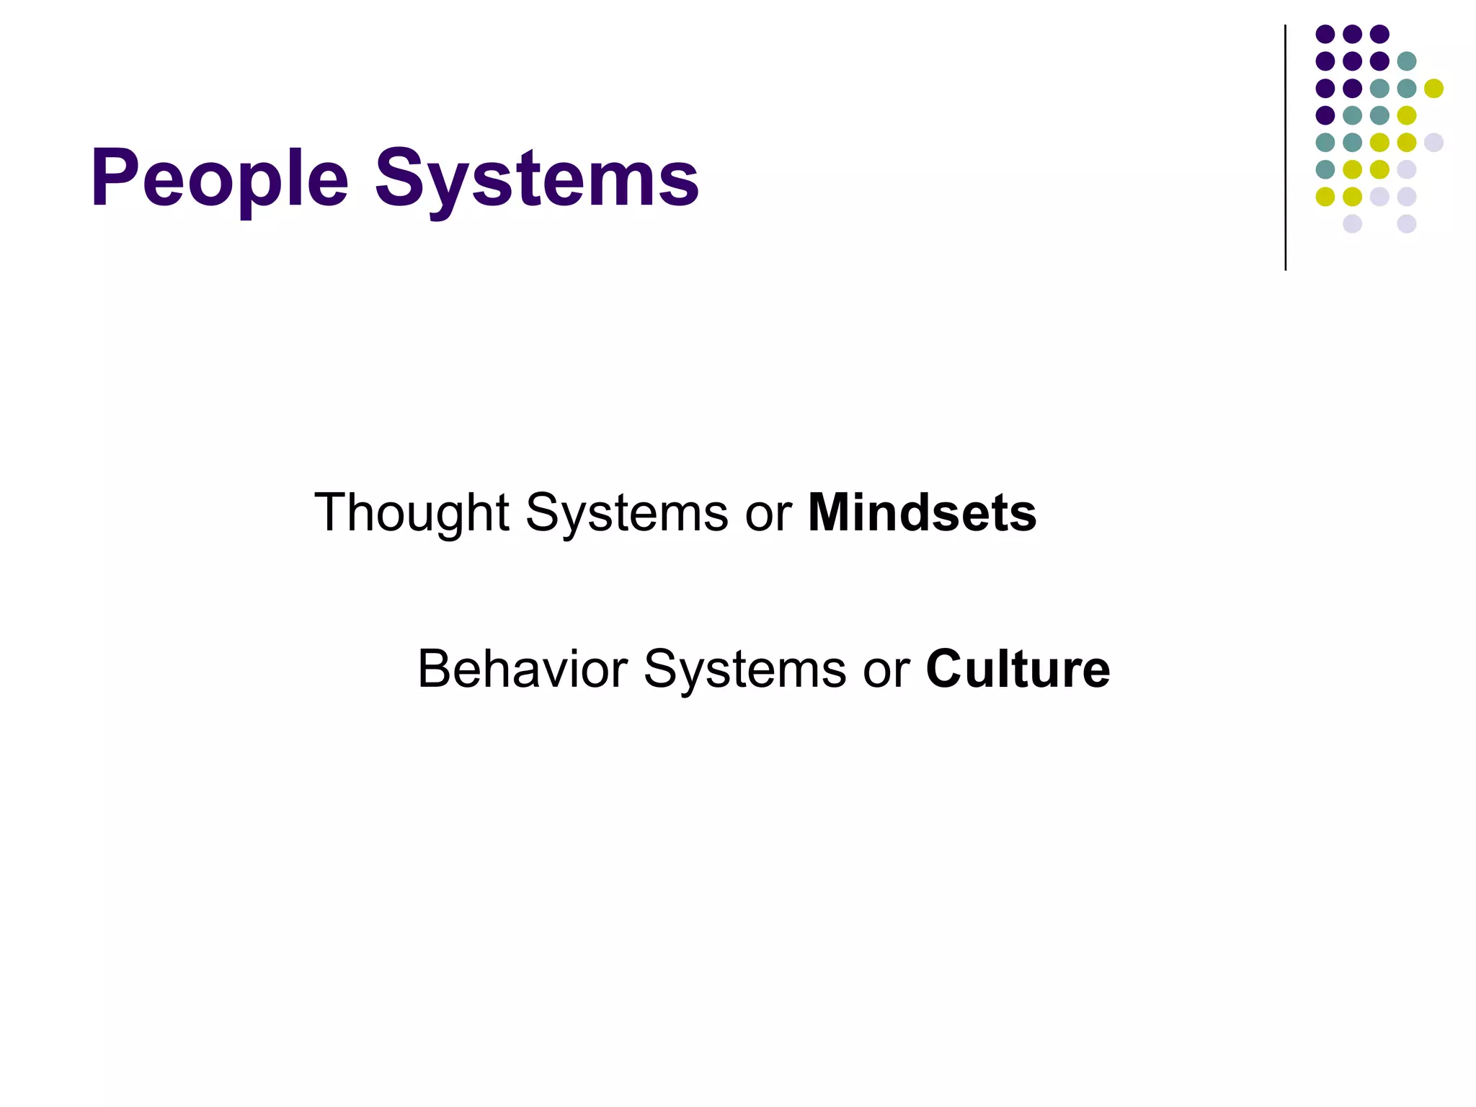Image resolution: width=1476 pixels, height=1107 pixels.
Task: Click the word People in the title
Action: point(220,179)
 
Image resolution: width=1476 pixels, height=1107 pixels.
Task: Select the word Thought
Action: point(412,513)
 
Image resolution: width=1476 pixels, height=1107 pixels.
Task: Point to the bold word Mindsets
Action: point(922,513)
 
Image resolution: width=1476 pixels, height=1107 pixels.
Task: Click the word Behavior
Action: point(523,669)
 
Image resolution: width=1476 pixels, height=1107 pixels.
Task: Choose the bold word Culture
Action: point(1018,669)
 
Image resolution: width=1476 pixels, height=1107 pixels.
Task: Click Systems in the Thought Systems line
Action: point(626,513)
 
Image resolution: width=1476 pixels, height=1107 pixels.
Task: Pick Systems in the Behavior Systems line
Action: point(744,669)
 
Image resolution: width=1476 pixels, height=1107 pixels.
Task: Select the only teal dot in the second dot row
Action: point(1406,61)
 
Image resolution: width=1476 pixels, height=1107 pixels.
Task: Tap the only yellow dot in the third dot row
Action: point(1433,89)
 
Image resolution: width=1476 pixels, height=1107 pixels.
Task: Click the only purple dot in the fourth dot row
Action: point(1325,115)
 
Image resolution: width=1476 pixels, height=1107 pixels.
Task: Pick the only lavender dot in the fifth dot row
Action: point(1433,143)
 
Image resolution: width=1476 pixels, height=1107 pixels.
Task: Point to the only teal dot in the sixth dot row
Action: point(1325,169)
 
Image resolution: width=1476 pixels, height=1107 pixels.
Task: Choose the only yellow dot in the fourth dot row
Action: point(1406,115)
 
